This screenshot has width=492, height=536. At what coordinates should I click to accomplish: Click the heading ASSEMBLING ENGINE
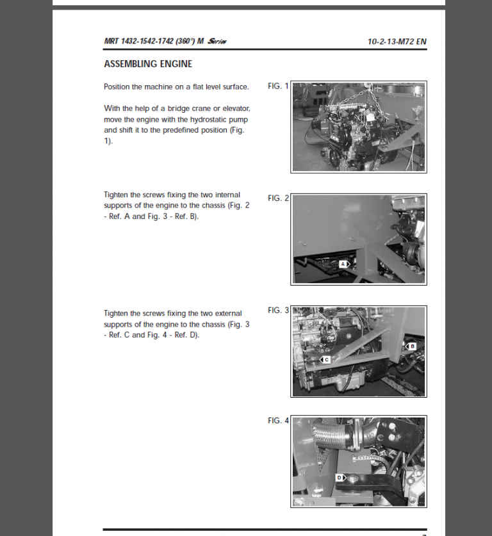pos(148,64)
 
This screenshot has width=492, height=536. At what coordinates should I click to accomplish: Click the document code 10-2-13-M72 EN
pos(397,42)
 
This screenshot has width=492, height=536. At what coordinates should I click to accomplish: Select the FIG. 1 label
pos(278,86)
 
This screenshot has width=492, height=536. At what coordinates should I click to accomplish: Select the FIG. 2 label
pos(278,198)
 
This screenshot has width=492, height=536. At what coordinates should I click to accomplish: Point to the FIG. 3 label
pos(278,310)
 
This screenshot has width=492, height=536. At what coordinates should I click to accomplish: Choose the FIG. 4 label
pos(278,421)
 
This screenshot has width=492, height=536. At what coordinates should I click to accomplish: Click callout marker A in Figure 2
pos(343,263)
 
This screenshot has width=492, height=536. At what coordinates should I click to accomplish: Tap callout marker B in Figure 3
pos(411,346)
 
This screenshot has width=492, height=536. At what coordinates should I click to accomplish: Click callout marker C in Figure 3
pos(325,360)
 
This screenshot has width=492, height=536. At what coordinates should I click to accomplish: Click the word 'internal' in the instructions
pos(227,195)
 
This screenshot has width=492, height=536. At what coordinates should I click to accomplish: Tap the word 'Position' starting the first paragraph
pos(117,86)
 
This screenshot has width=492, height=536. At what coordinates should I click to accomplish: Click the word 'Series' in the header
pos(216,42)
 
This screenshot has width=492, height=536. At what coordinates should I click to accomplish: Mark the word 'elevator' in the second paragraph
pos(235,108)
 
